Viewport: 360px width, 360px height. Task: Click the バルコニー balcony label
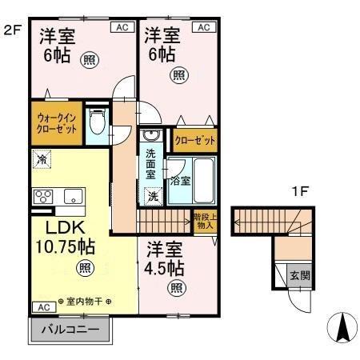70,329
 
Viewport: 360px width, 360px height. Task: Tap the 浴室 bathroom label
180,180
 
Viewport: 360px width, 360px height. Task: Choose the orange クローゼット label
195,142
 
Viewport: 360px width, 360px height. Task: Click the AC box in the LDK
42,306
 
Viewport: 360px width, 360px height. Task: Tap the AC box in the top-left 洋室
122,27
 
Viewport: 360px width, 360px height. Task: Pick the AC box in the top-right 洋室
203,27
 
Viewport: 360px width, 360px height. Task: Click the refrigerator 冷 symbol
40,160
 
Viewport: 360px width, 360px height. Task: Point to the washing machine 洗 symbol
152,195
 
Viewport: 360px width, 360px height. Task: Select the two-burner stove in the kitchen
43,195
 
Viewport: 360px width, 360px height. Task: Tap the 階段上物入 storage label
204,221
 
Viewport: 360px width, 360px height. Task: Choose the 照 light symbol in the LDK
82,268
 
